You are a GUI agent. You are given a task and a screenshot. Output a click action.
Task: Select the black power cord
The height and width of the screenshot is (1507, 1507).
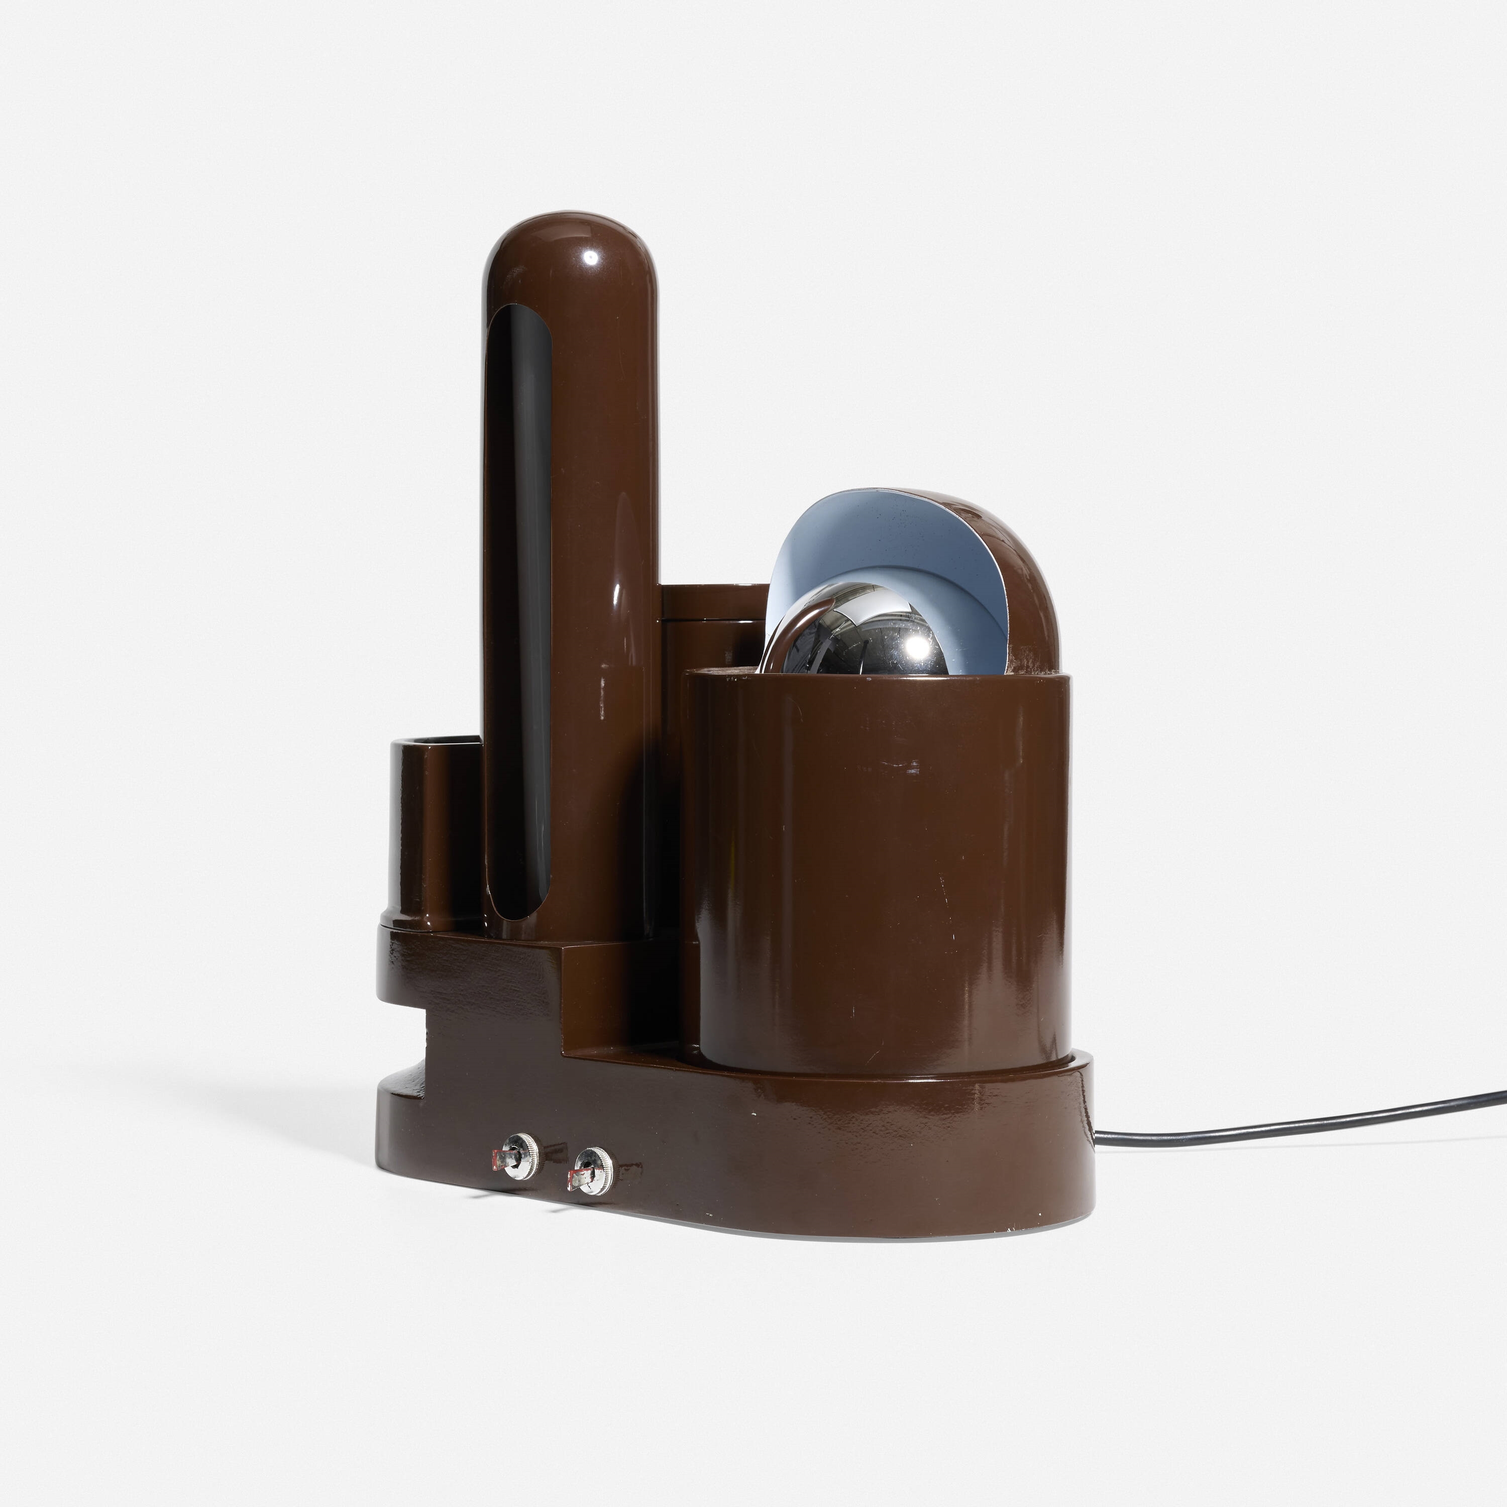[1287, 1117]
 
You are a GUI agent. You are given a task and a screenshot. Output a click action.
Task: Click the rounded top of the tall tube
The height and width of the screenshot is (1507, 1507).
[571, 250]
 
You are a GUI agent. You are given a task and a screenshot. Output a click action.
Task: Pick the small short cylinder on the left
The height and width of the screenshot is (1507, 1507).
[432, 834]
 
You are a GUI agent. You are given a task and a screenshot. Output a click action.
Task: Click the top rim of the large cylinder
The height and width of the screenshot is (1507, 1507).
[874, 677]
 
